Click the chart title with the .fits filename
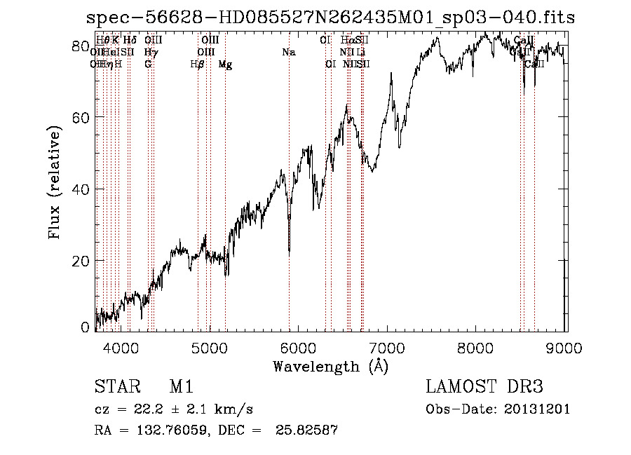click(x=330, y=18)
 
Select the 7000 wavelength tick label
click(x=388, y=347)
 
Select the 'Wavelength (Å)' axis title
click(x=330, y=366)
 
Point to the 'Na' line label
click(x=288, y=52)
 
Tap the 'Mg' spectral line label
click(x=225, y=64)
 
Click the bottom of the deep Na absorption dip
click(x=290, y=253)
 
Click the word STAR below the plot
click(x=116, y=387)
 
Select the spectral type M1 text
click(x=181, y=387)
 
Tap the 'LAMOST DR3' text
click(x=484, y=387)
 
